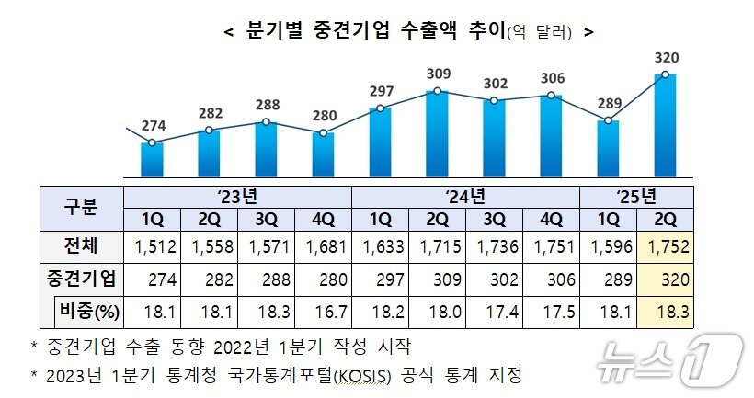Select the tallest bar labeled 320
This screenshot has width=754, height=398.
[664, 124]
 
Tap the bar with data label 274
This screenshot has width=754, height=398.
[152, 158]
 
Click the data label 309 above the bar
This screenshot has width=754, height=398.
[438, 73]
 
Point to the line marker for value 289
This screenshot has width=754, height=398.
[608, 119]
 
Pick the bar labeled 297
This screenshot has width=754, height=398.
[380, 142]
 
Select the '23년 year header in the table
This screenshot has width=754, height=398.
[237, 197]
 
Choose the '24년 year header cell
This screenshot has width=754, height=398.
[465, 197]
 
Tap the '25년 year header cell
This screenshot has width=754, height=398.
[636, 197]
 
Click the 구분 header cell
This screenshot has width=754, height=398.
[80, 208]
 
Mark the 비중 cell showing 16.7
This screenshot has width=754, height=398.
[323, 312]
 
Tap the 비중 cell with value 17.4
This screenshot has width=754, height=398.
[494, 312]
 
